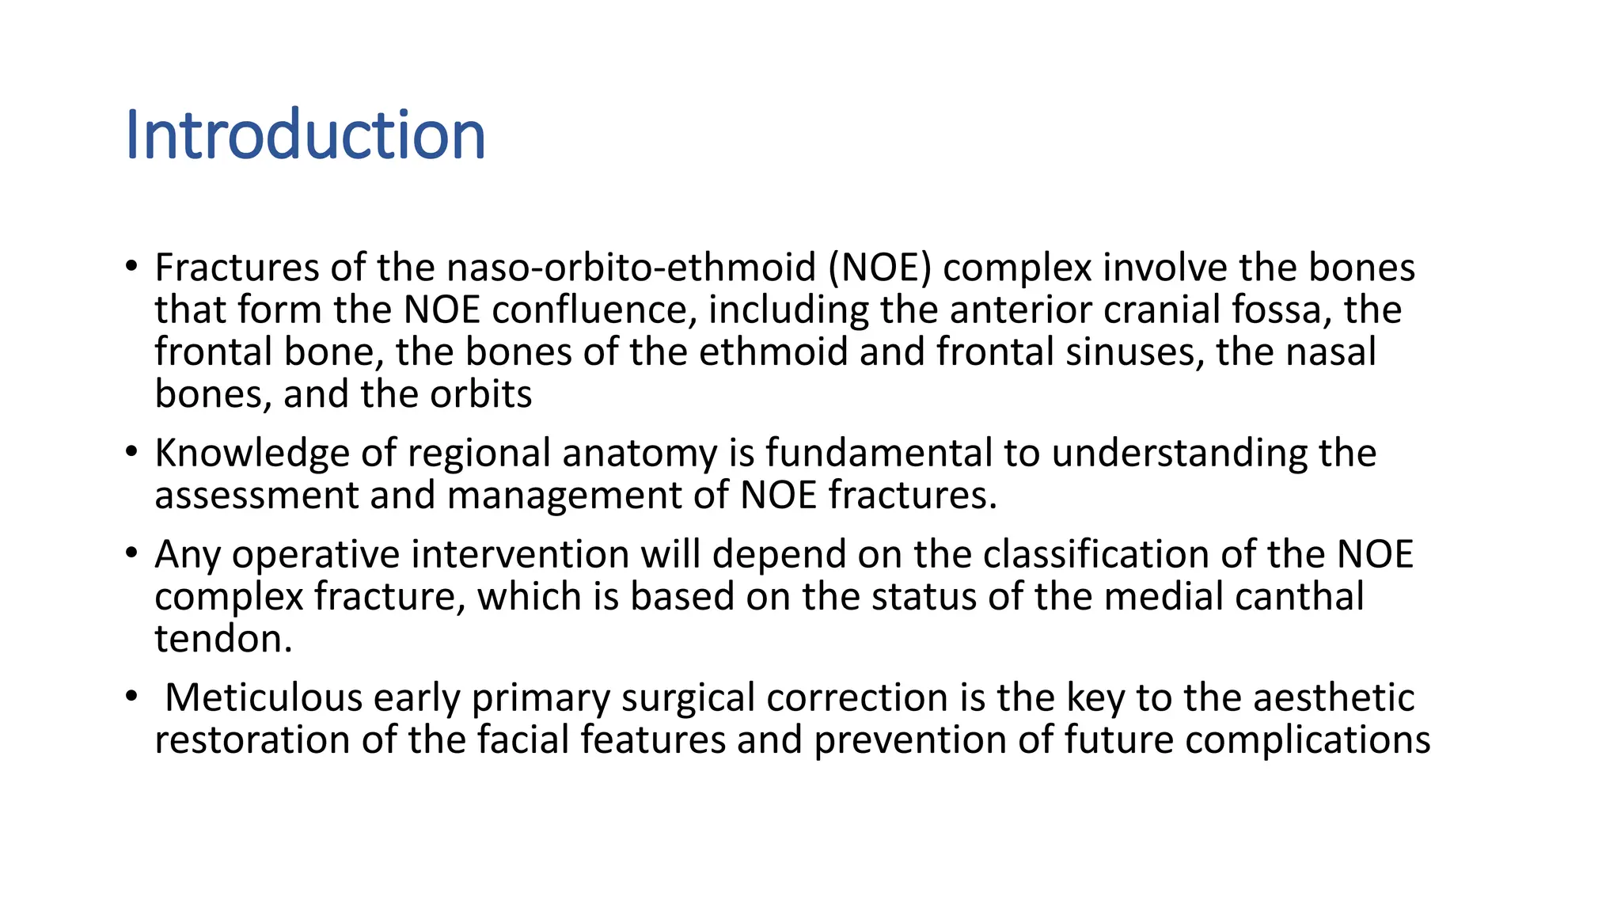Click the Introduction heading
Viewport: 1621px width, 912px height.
(306, 135)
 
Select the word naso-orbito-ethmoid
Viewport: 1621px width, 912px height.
(631, 268)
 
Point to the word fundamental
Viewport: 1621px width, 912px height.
(879, 454)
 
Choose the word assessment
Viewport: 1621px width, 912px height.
(256, 496)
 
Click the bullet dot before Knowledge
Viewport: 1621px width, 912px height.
(131, 452)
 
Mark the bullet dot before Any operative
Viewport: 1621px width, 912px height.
(131, 553)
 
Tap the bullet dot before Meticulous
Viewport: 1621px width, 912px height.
(131, 697)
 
